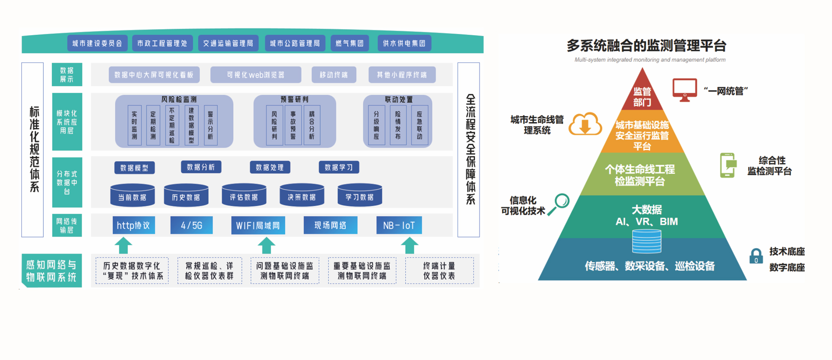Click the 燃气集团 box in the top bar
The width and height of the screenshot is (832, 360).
coord(350,43)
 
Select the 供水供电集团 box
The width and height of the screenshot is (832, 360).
coord(404,43)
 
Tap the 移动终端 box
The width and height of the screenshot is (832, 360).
coord(334,75)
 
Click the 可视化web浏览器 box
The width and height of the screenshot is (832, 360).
coord(256,75)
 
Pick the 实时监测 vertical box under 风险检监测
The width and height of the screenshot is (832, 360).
coord(134,125)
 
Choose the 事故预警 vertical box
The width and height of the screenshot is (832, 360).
coord(293,125)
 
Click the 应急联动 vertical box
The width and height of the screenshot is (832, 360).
coord(419,125)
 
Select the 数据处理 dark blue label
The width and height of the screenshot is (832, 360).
coord(270,167)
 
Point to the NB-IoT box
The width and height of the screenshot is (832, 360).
coord(399,225)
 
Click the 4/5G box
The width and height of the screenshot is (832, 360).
coord(192,225)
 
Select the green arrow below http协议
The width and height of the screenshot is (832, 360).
coord(123,245)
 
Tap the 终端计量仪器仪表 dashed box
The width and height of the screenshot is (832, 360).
coord(439,271)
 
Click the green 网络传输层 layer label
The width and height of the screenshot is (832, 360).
coord(67,226)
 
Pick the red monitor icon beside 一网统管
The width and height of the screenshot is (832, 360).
coord(685,90)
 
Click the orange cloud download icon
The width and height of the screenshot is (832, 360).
coord(585,124)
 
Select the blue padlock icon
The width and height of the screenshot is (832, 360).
coord(756,256)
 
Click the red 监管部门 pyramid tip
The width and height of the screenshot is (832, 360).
coord(642,93)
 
